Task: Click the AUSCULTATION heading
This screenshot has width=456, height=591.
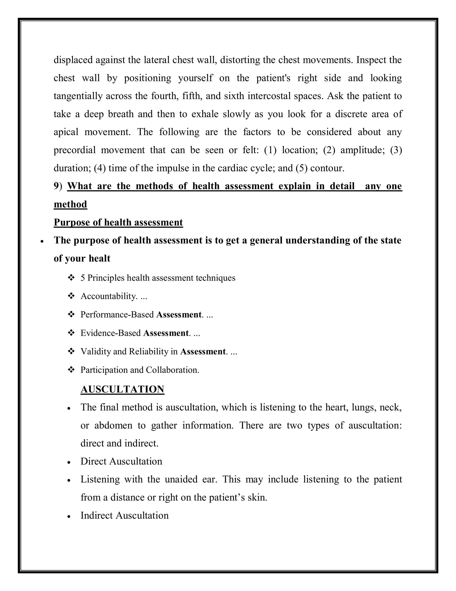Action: pyautogui.click(x=122, y=389)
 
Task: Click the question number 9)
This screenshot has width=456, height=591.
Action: pyautogui.click(x=58, y=186)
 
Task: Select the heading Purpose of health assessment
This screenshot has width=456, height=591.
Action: pyautogui.click(x=118, y=222)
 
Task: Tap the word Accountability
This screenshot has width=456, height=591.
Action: pyautogui.click(x=108, y=296)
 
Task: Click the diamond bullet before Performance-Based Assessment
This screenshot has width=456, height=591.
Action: pyautogui.click(x=71, y=314)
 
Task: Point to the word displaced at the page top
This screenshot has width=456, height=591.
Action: pyautogui.click(x=73, y=60)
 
